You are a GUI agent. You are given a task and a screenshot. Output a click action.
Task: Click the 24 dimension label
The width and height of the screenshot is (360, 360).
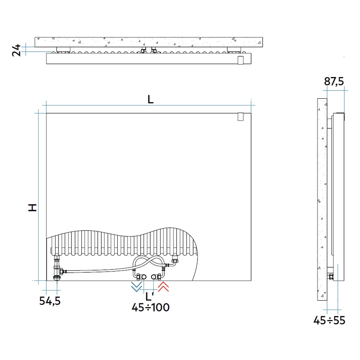(x=16, y=50)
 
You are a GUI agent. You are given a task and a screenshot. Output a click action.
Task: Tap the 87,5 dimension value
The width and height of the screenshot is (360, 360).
(x=334, y=81)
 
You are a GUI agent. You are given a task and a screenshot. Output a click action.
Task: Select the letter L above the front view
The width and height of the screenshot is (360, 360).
(x=150, y=100)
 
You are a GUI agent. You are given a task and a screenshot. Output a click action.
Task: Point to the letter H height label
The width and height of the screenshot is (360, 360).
(x=32, y=208)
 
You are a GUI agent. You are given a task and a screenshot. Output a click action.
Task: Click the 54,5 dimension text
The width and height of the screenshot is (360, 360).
(x=50, y=301)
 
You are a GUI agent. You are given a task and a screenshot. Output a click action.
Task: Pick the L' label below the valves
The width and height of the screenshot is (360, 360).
(x=150, y=296)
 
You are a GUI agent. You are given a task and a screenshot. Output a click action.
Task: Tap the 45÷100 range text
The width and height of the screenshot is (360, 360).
(x=150, y=307)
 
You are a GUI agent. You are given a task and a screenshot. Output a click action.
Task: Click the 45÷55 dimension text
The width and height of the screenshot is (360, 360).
(x=329, y=320)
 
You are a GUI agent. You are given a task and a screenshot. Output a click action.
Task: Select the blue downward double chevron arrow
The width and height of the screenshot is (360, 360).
(x=136, y=287)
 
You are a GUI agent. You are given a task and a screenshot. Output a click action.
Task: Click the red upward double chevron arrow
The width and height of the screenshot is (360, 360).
(x=163, y=287)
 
